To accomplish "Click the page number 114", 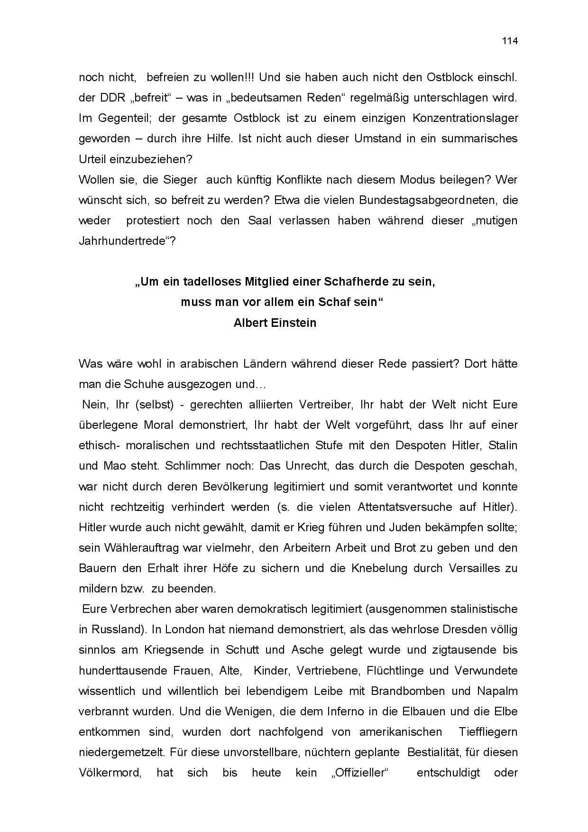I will coord(510,41).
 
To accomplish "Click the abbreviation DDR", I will coord(112,98).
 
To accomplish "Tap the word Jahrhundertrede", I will coord(124,241).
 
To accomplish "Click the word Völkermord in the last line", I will coord(110,773).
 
